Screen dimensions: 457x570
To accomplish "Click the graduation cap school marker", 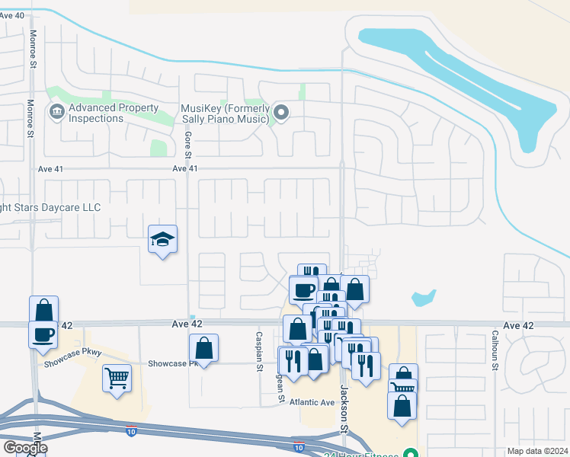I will pos(162,240).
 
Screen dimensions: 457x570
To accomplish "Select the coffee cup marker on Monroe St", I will pos(43,334).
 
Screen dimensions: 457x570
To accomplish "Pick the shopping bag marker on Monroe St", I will pos(44,310).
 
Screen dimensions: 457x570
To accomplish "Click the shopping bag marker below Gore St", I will pos(203,349).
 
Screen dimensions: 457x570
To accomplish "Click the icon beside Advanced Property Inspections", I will pos(56,113).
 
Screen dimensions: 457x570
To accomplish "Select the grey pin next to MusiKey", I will pos(281,113).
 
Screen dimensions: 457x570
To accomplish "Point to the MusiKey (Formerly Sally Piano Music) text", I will pos(225,113).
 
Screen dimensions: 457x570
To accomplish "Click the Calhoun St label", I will pos(495,350).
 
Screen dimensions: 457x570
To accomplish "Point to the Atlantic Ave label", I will pos(318,402).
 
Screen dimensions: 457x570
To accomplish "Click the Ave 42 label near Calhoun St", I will pos(519,325).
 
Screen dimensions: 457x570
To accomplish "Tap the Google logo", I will pos(24,448).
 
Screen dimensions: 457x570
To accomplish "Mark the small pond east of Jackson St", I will pos(423,297).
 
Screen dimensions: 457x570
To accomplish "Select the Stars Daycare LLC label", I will pos(50,207).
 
